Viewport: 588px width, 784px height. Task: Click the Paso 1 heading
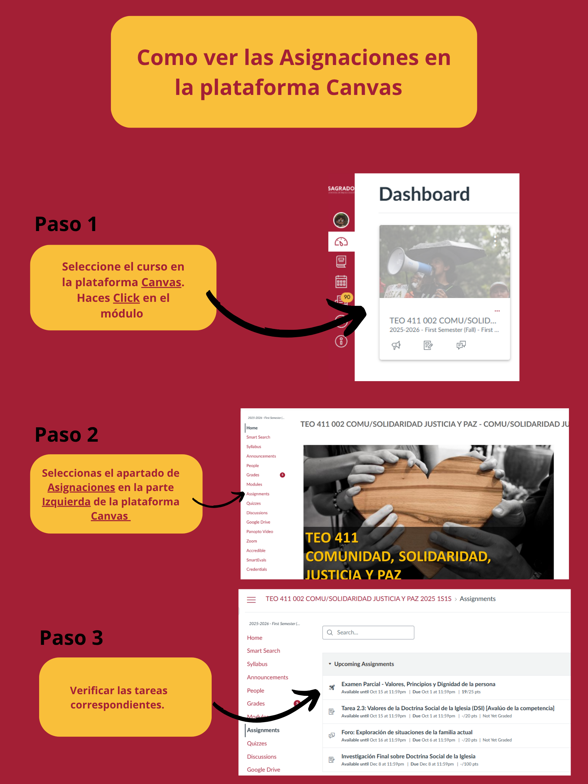[x=66, y=224]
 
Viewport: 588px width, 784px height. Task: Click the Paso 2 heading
[x=67, y=435]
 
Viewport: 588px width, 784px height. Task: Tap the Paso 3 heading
[x=71, y=638]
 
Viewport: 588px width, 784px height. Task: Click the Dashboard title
[x=424, y=194]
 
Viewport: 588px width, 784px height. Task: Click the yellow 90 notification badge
[x=347, y=297]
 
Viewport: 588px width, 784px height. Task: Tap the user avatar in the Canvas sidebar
[x=341, y=220]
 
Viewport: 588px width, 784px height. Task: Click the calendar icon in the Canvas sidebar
[x=341, y=282]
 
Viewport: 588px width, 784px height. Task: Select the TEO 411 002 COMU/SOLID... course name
[x=442, y=321]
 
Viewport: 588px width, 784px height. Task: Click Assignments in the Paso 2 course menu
[x=258, y=494]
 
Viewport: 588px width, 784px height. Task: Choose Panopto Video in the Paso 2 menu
[x=259, y=532]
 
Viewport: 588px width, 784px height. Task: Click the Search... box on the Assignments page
[x=368, y=633]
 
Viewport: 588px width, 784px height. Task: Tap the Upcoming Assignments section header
[x=364, y=664]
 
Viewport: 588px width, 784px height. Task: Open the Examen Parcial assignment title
[x=418, y=684]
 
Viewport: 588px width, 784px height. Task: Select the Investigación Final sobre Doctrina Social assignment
[x=408, y=756]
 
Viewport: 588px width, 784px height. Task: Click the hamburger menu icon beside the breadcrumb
[x=251, y=600]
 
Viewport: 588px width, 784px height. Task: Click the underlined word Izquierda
[x=66, y=502]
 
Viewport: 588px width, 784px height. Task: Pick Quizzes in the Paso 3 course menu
[x=257, y=743]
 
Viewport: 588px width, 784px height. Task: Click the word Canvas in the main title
[x=364, y=87]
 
